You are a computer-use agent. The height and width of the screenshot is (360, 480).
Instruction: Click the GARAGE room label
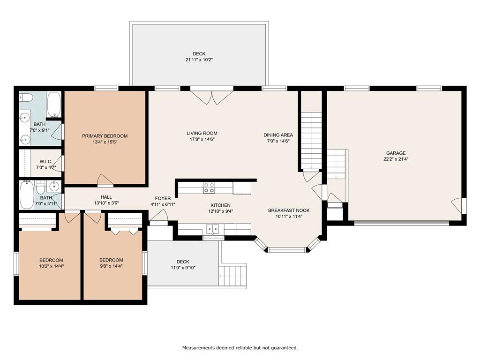tap(396, 153)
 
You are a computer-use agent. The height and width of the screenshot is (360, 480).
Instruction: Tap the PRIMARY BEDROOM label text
tap(105, 136)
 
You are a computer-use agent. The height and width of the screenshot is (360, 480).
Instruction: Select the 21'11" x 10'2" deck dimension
tap(199, 60)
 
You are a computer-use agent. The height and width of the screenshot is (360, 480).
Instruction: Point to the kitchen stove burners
tap(209, 187)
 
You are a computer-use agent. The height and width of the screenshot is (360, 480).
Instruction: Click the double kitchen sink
tap(213, 229)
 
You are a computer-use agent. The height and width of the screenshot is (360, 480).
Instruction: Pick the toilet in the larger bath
tap(26, 97)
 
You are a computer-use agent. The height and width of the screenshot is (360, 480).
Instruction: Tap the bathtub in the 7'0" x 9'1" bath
tap(54, 105)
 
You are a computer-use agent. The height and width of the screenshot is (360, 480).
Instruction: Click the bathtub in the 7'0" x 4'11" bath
tap(27, 195)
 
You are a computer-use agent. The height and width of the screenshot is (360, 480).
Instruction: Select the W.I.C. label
tap(46, 162)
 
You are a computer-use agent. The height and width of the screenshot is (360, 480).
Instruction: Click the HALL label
tap(106, 197)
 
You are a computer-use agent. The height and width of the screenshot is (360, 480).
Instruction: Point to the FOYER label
tap(163, 199)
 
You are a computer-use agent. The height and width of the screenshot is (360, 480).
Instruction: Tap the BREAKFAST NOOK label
tap(289, 210)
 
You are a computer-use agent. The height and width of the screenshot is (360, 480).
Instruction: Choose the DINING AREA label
tap(278, 135)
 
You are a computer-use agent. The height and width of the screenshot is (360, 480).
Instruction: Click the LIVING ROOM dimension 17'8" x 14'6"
tap(202, 139)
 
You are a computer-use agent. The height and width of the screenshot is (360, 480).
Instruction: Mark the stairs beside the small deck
tap(232, 276)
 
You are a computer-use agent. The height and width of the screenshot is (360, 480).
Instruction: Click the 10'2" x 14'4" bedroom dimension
tap(52, 266)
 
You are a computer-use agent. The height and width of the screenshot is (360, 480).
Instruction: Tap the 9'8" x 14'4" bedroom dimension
tap(111, 266)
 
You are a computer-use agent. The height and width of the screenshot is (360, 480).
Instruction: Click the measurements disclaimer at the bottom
tap(240, 348)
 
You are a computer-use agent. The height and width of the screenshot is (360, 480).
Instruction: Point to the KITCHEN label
tap(220, 205)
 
